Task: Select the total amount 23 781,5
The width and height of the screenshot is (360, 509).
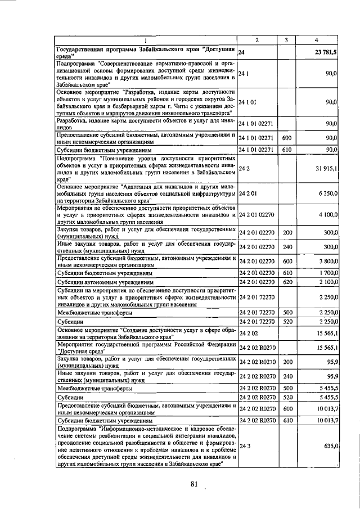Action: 325,52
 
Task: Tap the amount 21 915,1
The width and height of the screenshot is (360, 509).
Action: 326,168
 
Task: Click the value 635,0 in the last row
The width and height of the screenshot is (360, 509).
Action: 328,446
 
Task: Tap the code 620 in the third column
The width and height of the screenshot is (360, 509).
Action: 287,282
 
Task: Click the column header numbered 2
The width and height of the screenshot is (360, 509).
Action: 257,40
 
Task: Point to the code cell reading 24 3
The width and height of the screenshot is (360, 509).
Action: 244,446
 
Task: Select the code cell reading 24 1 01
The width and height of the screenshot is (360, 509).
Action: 247,102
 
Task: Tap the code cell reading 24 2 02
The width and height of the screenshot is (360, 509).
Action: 247,334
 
